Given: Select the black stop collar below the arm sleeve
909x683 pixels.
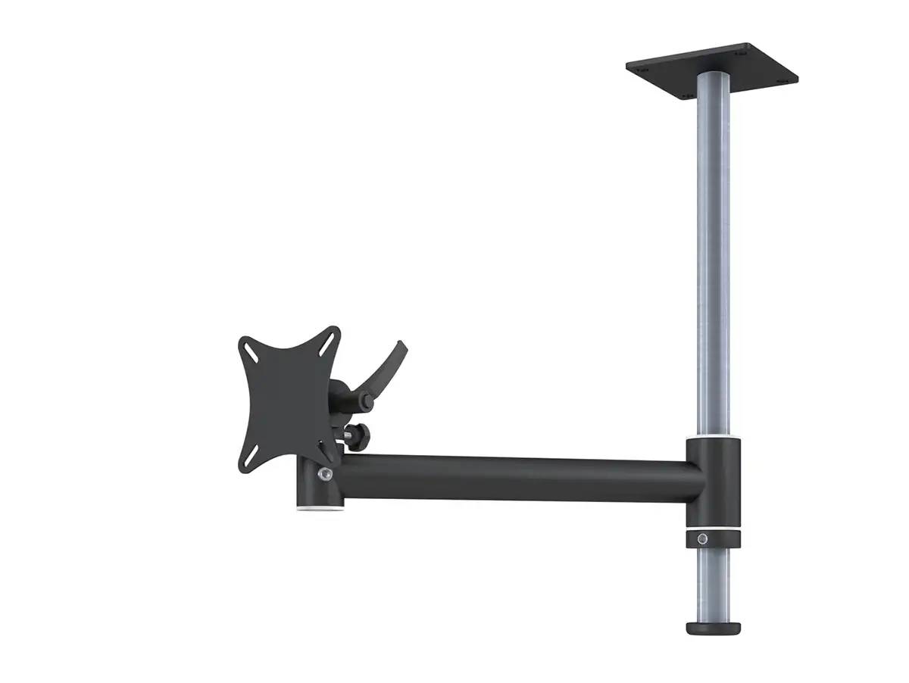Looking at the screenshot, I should pos(712,539).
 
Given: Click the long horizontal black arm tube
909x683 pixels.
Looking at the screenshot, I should pos(515,477).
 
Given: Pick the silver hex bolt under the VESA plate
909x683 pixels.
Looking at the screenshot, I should pos(325,474).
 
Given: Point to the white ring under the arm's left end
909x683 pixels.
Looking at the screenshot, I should pos(318,510).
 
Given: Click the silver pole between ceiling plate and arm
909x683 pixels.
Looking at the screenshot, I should pos(713,250).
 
